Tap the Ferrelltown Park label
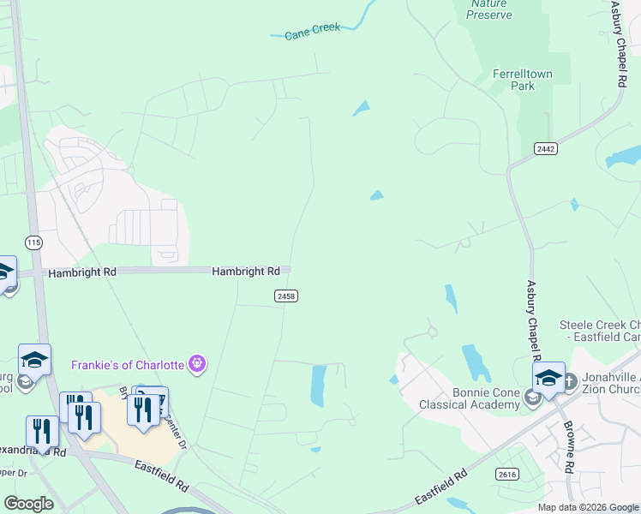pos(522,80)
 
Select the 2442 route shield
pos(545,148)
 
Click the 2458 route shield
pos(286,296)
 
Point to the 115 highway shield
pos(33,242)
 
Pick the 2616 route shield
pos(507,474)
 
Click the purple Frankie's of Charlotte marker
pos(198,363)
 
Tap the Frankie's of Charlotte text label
pos(128,365)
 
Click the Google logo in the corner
pos(28,504)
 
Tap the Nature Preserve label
pos(489,9)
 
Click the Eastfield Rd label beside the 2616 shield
pos(441,487)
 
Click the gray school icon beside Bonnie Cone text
pos(532,397)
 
